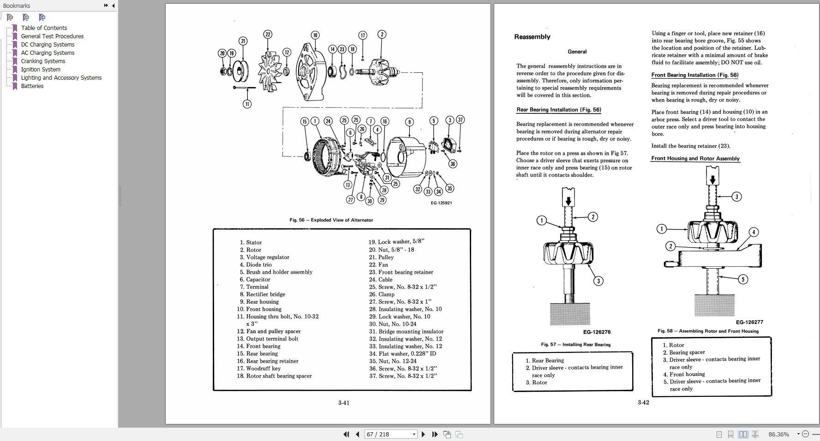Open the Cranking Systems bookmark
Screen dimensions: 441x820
43,61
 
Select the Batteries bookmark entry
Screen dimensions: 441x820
32,86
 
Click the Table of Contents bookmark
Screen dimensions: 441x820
44,28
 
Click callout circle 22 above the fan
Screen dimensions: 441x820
268,34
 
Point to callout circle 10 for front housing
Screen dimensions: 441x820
315,35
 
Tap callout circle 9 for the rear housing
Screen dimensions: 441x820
409,122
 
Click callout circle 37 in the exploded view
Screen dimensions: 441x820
460,120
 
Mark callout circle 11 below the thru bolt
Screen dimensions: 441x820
247,104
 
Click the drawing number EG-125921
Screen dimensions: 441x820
441,203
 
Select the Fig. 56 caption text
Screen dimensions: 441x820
331,220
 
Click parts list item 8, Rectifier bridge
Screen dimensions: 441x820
265,294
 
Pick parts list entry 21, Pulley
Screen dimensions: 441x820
386,257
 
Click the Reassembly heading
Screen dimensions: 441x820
532,37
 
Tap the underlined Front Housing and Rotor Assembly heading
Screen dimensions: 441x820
695,159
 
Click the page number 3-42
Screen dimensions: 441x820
643,402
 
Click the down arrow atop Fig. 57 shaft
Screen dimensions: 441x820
569,201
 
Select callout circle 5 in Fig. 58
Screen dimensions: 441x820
742,279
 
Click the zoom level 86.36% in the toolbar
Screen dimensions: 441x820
778,434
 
